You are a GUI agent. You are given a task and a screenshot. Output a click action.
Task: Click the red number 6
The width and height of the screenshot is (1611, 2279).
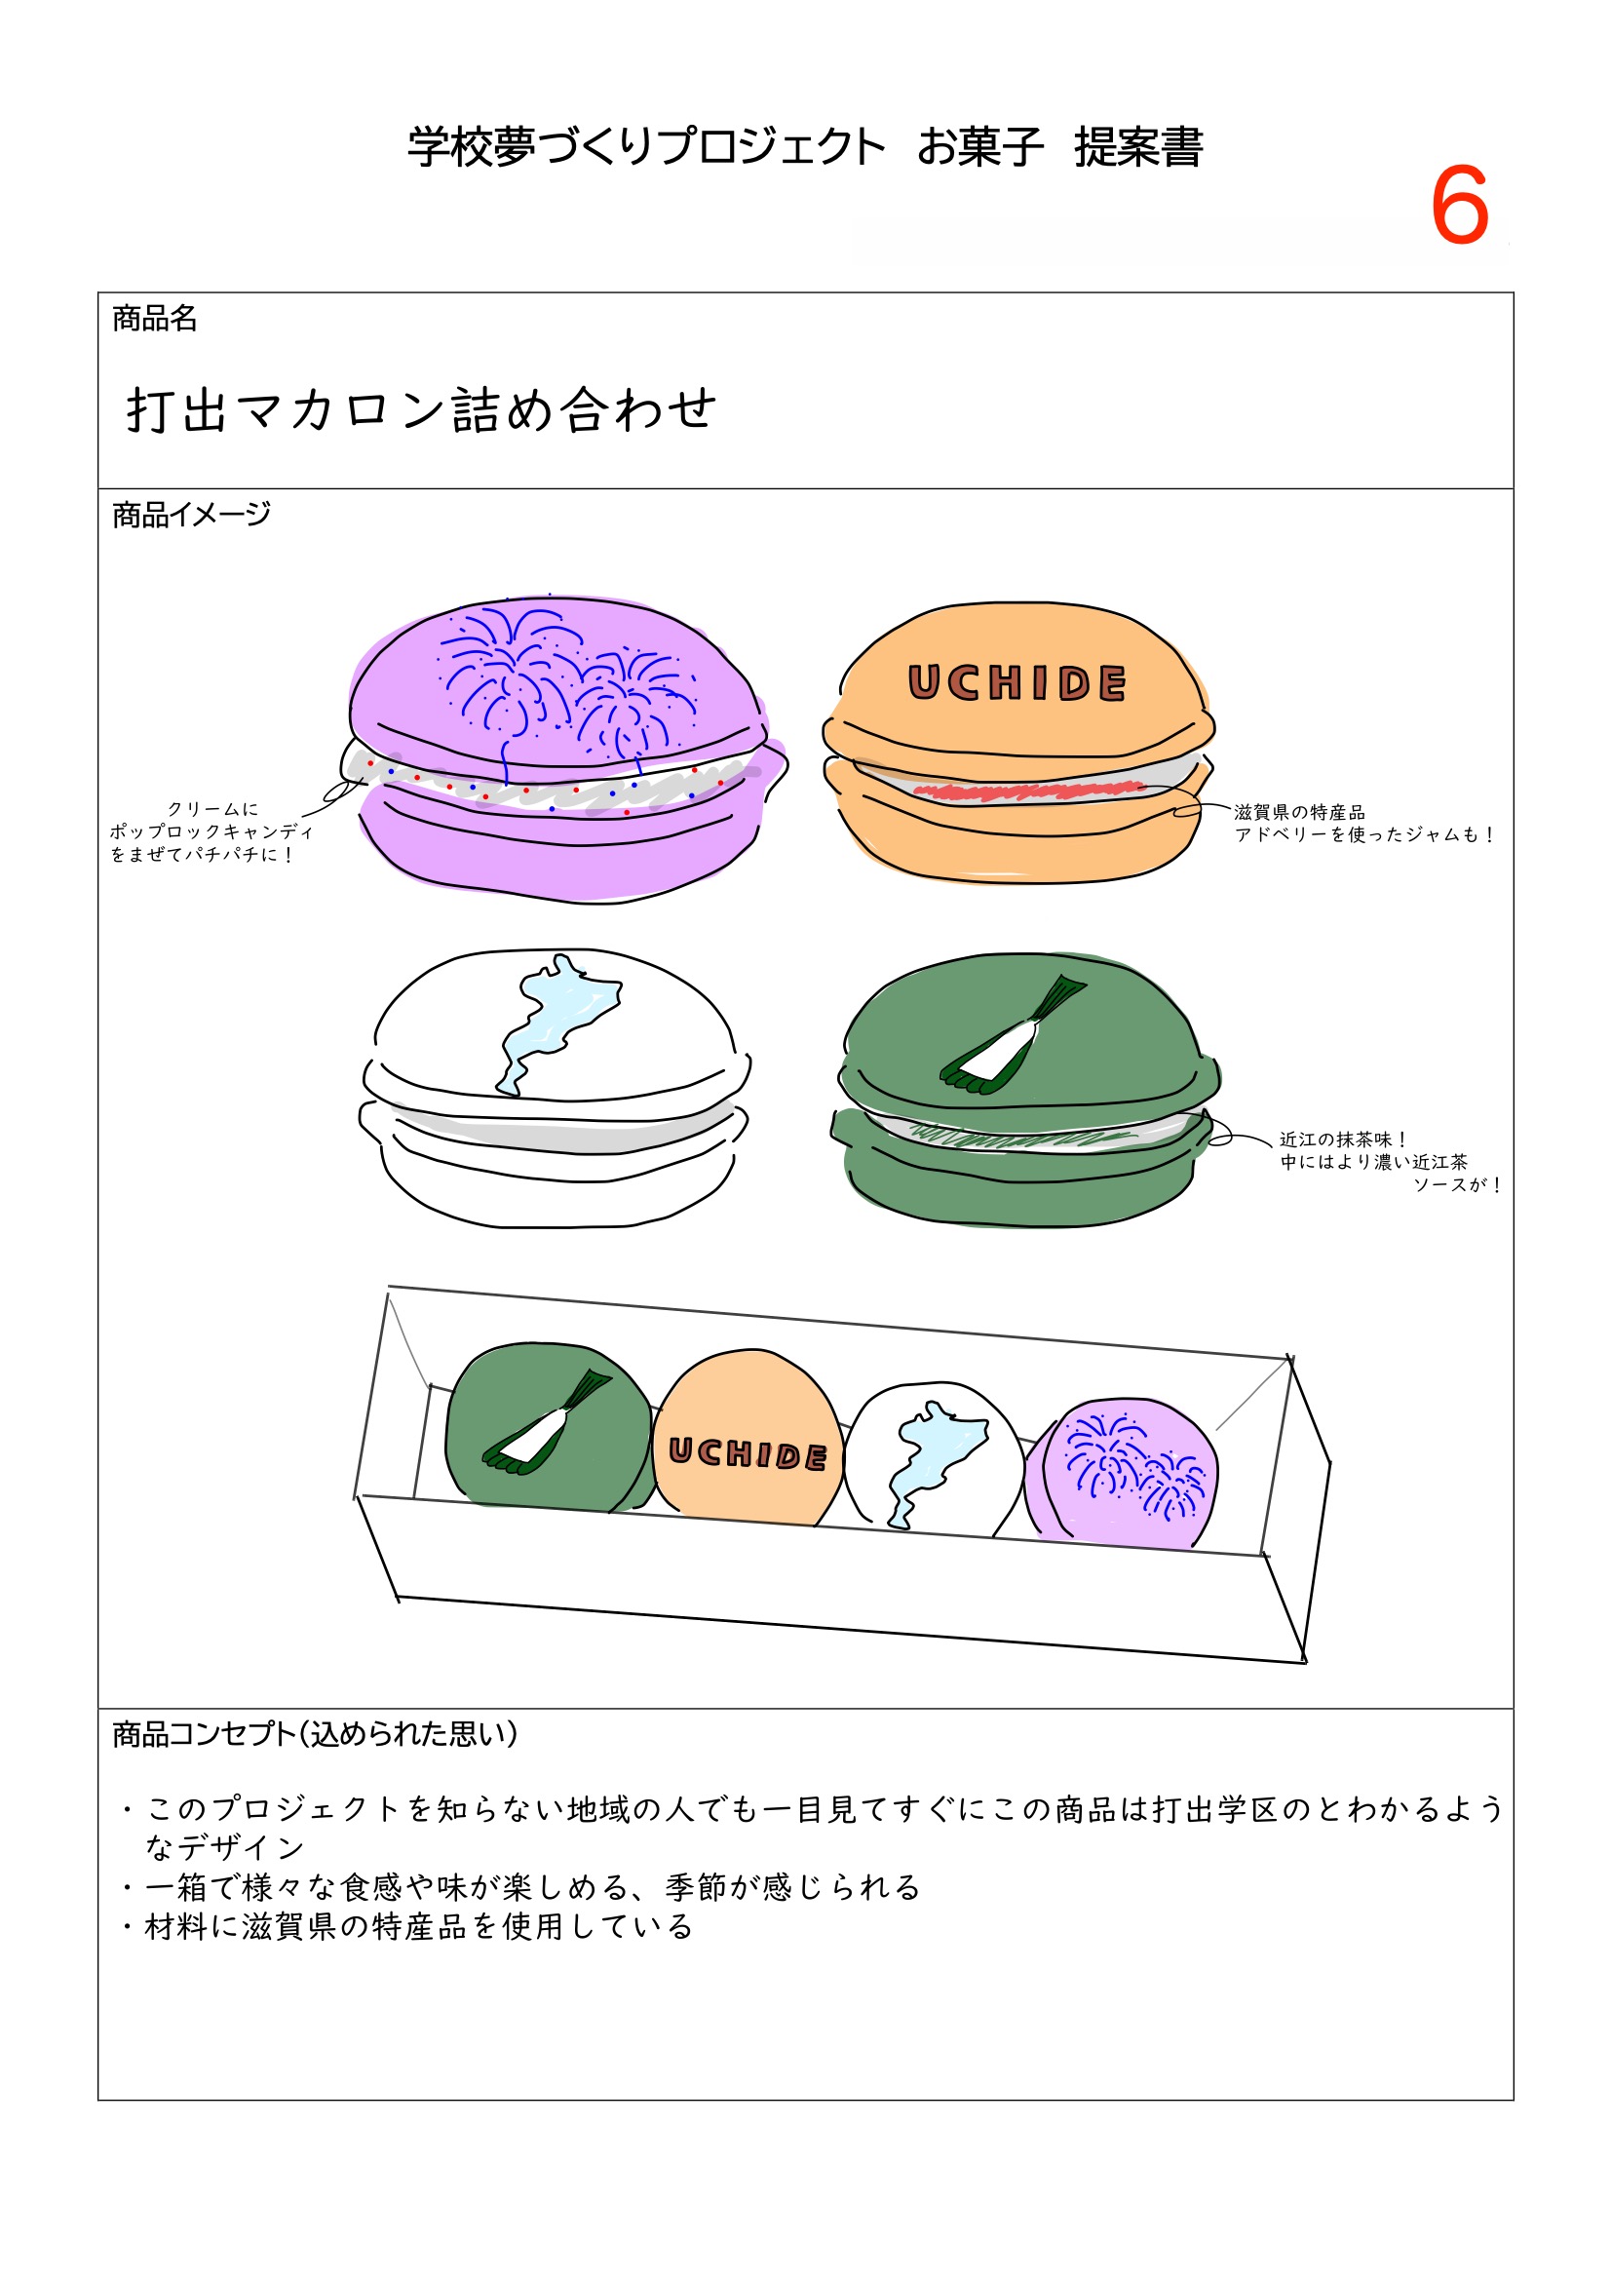pos(1458,207)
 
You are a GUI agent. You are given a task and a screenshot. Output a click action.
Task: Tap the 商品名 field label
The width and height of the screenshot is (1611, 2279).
pos(155,319)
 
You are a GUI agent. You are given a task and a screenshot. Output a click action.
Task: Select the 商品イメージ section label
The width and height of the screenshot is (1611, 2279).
pos(191,515)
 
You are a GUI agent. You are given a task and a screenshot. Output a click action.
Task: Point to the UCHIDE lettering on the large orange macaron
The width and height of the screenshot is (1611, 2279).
pos(1017,683)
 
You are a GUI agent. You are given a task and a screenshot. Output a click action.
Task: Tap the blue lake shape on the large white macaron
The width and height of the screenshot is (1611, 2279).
pos(556,1023)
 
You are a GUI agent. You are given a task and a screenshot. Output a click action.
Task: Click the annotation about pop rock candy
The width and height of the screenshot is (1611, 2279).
pos(211,831)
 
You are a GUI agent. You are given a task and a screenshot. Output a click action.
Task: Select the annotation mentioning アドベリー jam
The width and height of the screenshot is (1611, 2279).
pos(1362,824)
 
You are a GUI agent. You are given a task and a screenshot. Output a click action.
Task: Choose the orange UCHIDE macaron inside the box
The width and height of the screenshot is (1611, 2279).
pos(747,1440)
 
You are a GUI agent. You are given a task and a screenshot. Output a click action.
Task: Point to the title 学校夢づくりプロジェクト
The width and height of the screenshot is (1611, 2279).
pos(646,147)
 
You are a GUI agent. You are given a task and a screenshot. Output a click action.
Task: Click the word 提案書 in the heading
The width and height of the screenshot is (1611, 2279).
pos(1137,147)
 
